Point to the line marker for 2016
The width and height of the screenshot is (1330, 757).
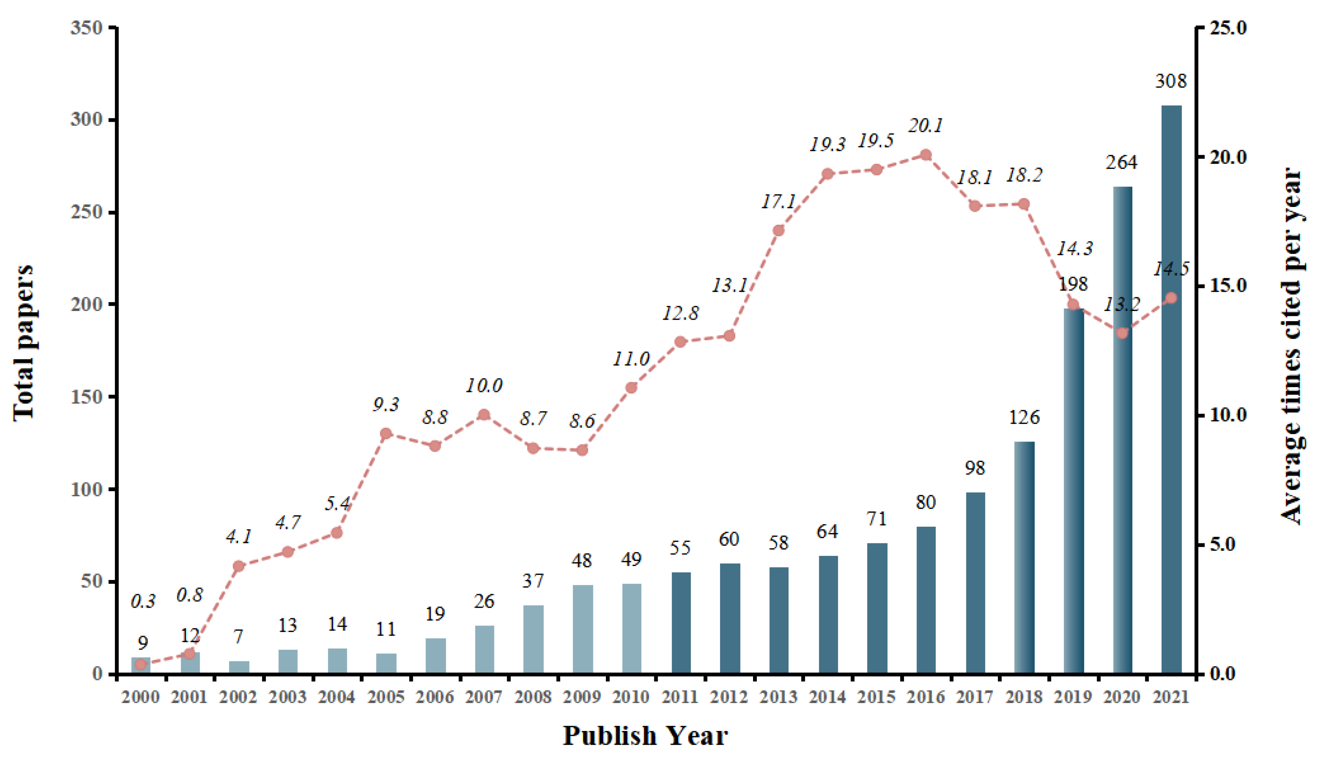tap(926, 155)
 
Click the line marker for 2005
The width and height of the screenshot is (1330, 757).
tap(386, 433)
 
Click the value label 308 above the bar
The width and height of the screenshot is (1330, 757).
tap(1171, 81)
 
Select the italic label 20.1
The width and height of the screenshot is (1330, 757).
tap(926, 125)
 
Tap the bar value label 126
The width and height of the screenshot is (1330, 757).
tap(1024, 417)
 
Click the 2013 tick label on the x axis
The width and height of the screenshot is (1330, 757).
tap(778, 697)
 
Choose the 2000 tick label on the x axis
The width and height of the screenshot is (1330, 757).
tap(140, 697)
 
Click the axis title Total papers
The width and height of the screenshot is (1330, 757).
tap(23, 343)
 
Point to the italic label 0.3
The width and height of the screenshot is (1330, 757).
tap(142, 601)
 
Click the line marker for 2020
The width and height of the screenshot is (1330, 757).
tap(1122, 333)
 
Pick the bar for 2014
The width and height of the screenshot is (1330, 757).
tap(828, 615)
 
